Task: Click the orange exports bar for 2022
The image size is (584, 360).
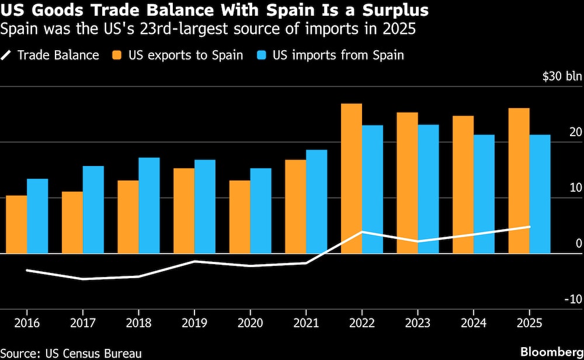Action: point(351,178)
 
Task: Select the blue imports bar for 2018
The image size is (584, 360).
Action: point(149,205)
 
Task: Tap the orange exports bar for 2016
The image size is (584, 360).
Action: point(16,224)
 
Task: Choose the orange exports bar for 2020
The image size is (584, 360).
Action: point(239,217)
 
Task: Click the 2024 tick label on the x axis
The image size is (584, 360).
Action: point(473,323)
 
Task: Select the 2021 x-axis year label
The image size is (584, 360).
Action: point(305,323)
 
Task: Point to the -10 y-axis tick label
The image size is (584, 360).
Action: point(572,300)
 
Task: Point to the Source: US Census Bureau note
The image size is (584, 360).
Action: point(71,352)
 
